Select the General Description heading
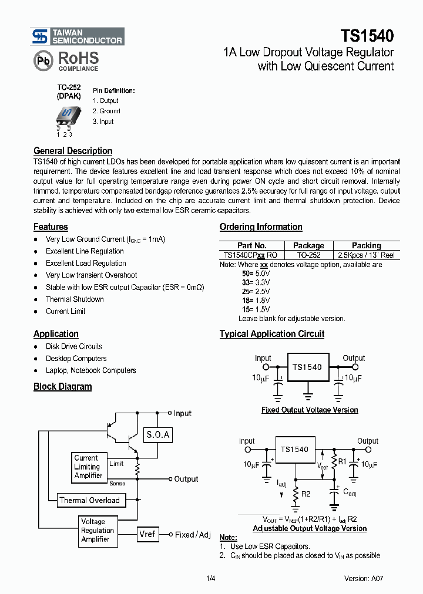coord(73,151)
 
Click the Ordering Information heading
coord(261,227)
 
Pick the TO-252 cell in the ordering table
coord(308,255)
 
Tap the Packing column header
coord(366,245)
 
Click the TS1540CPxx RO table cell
coord(251,255)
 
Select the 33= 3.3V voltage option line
coord(256,282)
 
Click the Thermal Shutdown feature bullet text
coord(75,299)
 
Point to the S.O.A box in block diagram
coord(157,435)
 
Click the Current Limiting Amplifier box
coord(89,467)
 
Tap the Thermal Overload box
coord(89,501)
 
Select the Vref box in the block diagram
coord(147,535)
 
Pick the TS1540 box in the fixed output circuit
coord(307,367)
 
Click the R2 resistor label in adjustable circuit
coord(305,494)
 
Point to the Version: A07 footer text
coord(364,578)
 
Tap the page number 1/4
coord(211,578)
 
